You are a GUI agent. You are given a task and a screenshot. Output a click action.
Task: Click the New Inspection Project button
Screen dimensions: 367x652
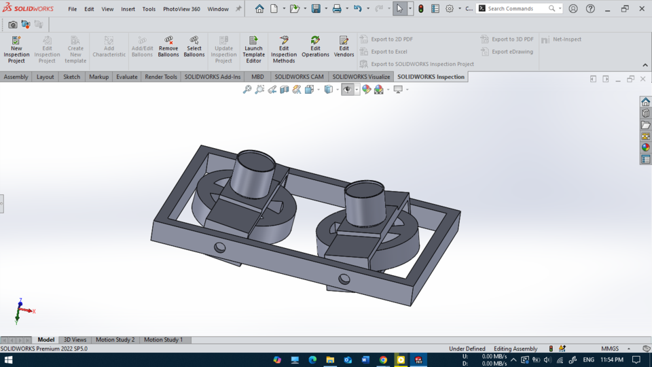point(16,50)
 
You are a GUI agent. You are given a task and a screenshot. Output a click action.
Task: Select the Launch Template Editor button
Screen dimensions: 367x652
point(253,50)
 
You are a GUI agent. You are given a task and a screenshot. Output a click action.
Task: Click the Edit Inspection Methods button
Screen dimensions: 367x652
point(284,50)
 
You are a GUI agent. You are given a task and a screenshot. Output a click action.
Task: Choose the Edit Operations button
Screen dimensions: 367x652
point(315,49)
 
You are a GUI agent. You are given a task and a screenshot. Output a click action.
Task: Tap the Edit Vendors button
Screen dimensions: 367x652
point(344,49)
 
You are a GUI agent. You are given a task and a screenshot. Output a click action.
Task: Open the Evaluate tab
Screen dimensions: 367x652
point(126,77)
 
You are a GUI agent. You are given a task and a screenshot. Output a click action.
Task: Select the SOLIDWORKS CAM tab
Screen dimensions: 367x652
point(299,77)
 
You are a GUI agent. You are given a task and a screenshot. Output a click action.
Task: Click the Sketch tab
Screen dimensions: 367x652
point(71,77)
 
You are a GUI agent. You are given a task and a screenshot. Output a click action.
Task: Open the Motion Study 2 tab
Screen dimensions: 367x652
point(115,340)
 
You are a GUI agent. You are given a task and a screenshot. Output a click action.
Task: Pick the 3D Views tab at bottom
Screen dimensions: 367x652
point(75,340)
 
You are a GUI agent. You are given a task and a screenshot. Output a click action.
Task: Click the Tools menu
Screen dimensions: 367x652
point(149,9)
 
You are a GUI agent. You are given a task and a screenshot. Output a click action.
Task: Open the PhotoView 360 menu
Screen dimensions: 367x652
point(181,9)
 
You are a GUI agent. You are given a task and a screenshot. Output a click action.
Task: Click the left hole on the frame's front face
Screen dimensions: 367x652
point(219,247)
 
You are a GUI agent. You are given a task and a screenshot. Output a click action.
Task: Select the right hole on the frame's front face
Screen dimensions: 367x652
point(344,279)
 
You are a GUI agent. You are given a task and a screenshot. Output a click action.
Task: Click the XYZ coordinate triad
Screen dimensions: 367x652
point(20,311)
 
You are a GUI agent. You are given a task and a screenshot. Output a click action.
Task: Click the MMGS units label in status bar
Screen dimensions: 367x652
point(609,349)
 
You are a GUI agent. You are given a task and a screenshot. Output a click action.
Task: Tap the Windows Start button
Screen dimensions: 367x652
point(10,360)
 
